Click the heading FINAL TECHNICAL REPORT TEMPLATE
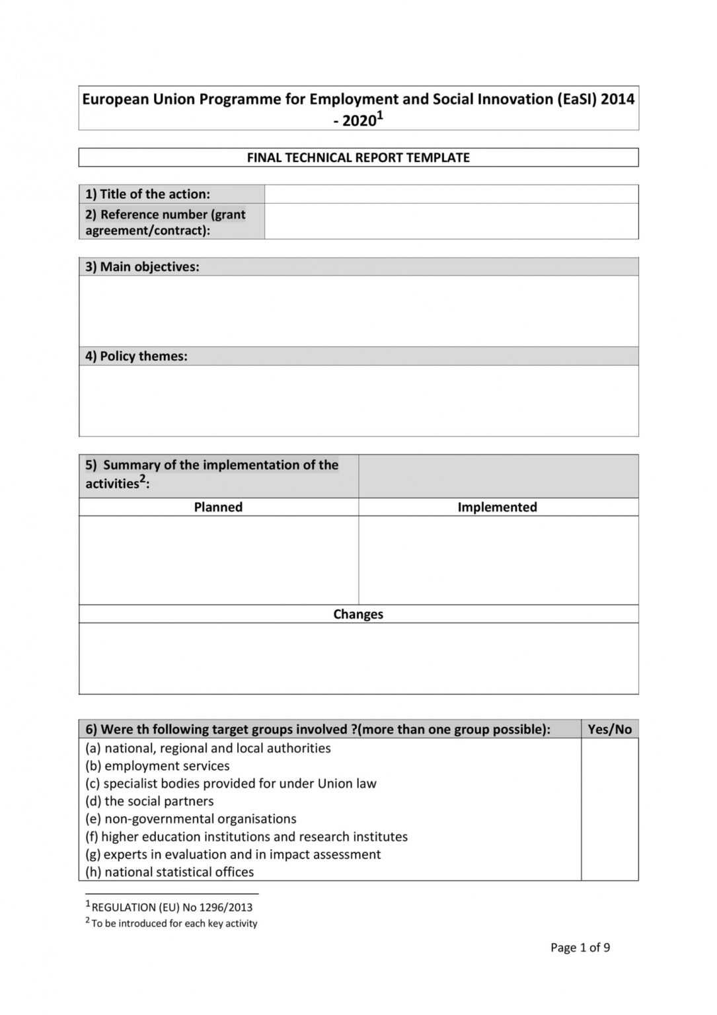[358, 157]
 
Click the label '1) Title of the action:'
[147, 194]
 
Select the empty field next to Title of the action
[451, 194]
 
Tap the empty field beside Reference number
[451, 221]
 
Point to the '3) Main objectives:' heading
[142, 266]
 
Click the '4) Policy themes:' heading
[136, 356]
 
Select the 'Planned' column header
[218, 507]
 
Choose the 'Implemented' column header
[497, 507]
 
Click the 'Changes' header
[358, 614]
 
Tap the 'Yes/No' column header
[609, 729]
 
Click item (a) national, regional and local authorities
[208, 748]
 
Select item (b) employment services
[157, 766]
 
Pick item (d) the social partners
[149, 801]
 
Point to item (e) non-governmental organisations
[190, 819]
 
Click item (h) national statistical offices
[169, 872]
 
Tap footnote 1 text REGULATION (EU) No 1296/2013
[171, 907]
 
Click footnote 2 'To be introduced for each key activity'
[174, 923]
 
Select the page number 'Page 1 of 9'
[580, 947]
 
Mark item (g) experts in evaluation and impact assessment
[233, 854]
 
